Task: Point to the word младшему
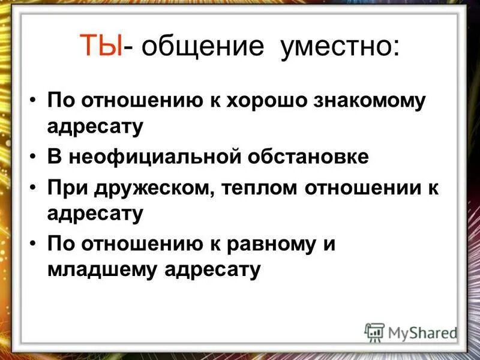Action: (99, 269)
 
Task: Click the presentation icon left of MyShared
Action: (374, 332)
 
